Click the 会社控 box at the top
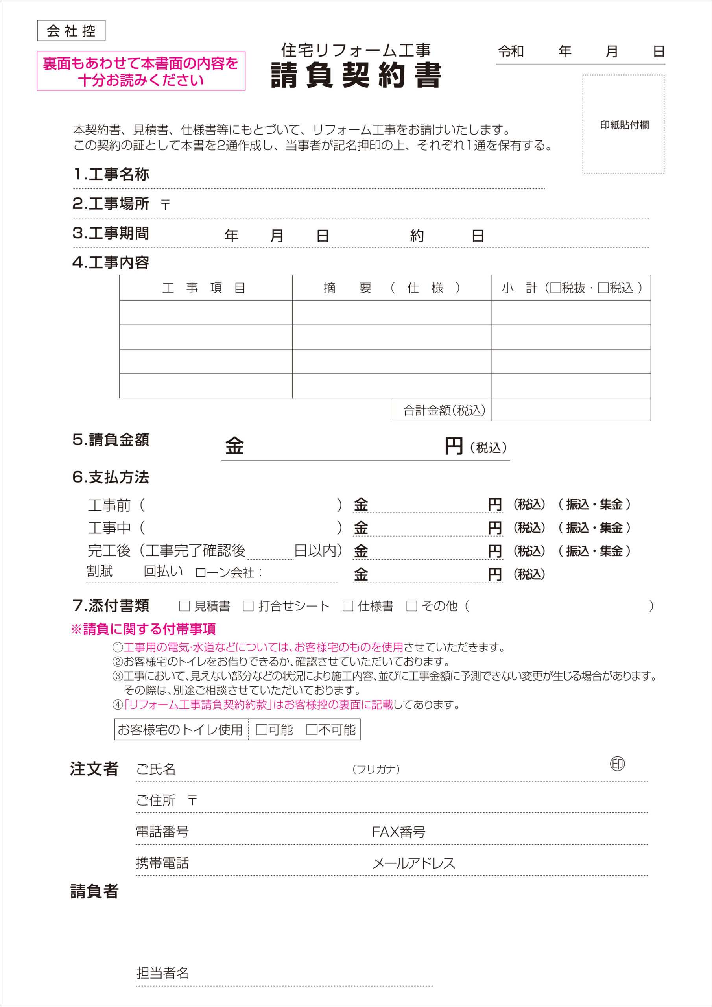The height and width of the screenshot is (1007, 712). (71, 31)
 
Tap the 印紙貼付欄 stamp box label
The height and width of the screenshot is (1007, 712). (624, 125)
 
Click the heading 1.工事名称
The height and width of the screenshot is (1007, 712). (111, 174)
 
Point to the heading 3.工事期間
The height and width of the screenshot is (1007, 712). (111, 233)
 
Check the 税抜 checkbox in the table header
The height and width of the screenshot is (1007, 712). (555, 288)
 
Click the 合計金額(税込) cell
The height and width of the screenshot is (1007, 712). (444, 410)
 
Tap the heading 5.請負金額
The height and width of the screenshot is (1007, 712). (111, 439)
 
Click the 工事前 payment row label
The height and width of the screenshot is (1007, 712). (109, 505)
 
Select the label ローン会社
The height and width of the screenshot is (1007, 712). (225, 572)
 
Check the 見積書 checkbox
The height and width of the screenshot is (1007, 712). (184, 606)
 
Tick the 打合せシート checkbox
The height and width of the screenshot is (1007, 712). (248, 606)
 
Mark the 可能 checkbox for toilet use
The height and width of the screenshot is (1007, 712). (262, 730)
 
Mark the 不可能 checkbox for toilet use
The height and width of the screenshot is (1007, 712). (312, 730)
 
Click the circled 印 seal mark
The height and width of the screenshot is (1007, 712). (617, 764)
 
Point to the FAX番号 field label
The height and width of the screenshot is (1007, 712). (398, 832)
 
